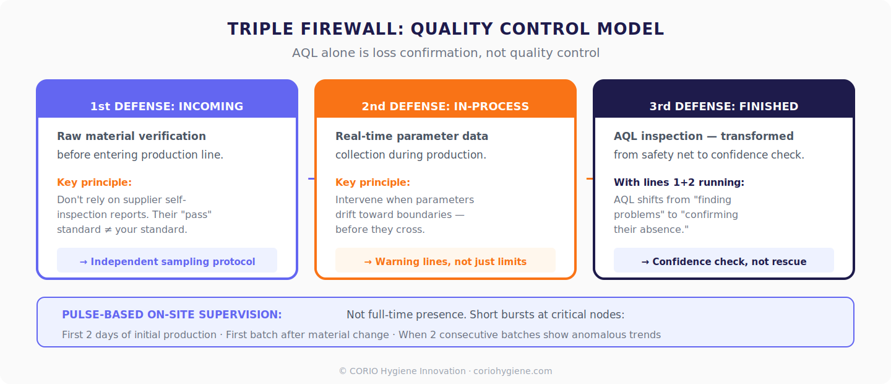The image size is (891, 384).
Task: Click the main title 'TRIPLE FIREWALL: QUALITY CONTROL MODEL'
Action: [445, 29]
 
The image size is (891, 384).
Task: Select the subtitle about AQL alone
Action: [445, 53]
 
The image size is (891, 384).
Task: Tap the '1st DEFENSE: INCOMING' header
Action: [166, 107]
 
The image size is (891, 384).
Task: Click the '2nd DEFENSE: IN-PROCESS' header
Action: [445, 107]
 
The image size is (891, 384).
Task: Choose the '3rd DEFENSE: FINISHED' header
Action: [723, 107]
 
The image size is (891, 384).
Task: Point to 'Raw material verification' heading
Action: [131, 136]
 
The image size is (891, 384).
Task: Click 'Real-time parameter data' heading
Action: [411, 136]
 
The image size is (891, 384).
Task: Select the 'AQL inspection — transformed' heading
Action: [703, 136]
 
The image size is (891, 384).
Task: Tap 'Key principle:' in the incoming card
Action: [94, 183]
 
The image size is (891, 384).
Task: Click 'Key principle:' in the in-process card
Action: [372, 183]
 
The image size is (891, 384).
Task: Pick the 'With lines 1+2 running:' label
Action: [679, 183]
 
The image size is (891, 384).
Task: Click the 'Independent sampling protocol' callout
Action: [167, 261]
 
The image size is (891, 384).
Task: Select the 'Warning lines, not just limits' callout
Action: [445, 261]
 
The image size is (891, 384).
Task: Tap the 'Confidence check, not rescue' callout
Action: [723, 261]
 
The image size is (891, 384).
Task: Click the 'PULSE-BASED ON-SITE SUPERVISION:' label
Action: [171, 315]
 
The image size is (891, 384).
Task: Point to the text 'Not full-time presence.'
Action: [406, 315]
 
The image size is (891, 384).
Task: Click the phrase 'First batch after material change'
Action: [308, 335]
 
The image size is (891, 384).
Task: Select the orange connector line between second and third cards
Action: [590, 178]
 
